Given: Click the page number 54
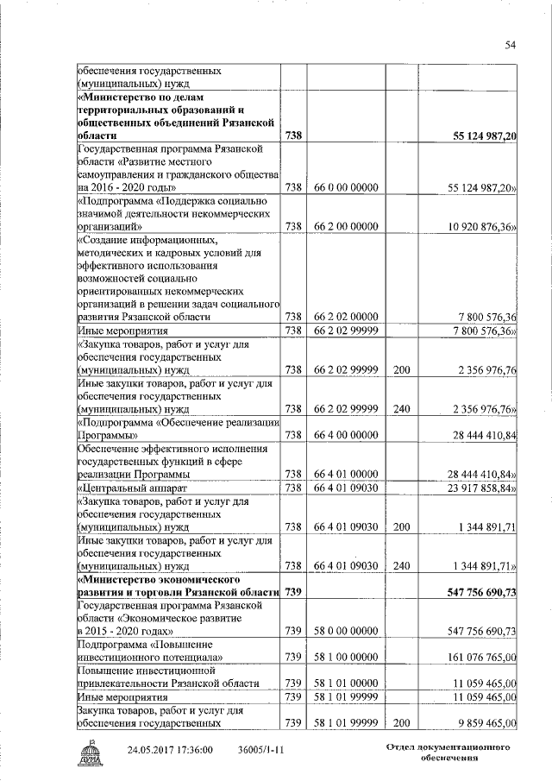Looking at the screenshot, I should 510,45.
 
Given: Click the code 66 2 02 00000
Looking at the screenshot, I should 346,317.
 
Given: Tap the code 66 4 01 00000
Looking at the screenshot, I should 346,474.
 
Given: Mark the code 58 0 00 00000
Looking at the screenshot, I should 346,632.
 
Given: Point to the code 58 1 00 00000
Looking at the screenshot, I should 346,658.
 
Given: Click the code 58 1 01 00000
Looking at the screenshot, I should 346,683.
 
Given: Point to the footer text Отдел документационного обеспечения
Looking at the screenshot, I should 443,750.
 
